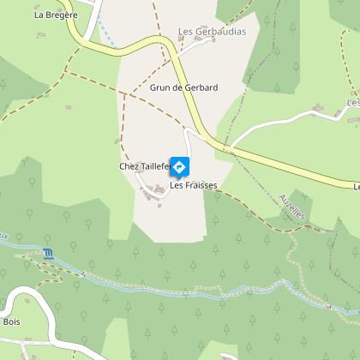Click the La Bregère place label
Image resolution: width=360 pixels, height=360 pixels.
[x=56, y=15]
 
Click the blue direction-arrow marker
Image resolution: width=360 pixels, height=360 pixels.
[x=181, y=165]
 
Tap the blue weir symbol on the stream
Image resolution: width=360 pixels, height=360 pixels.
[x=46, y=252]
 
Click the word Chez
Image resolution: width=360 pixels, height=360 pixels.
[x=129, y=166]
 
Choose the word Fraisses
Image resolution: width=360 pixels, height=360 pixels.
[x=199, y=185]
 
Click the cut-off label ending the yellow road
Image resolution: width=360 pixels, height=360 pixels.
[x=356, y=184]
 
